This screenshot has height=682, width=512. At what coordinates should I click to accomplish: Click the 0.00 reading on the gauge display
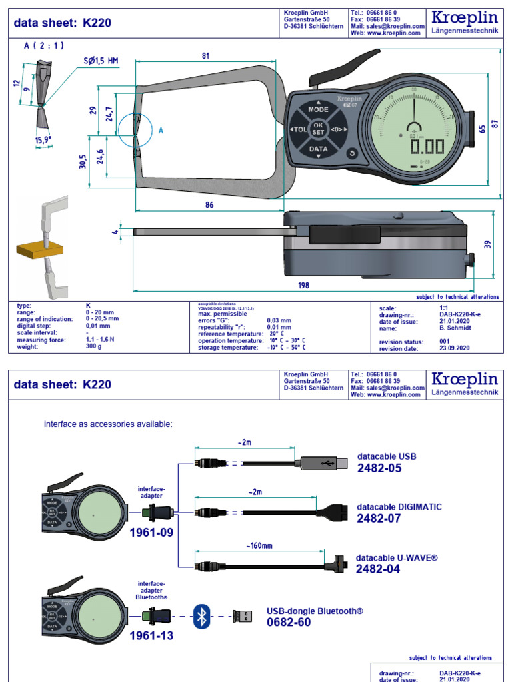coord(427,147)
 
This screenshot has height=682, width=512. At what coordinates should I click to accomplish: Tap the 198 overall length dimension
coord(303,285)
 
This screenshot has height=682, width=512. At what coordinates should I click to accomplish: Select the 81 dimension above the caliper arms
coord(205,57)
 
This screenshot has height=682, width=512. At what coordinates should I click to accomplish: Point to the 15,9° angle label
coord(44,139)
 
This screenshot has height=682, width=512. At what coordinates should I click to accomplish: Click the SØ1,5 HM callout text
coord(100,61)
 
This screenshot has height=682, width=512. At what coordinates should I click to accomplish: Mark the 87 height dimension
coord(494,123)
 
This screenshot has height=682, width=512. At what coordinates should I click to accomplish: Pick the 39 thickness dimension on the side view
coord(487,244)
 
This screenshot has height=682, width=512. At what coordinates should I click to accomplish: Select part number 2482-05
coord(379,468)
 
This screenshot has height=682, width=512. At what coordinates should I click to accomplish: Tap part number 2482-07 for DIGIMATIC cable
coord(379,518)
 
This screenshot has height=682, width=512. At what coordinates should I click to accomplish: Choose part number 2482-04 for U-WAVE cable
coord(378,569)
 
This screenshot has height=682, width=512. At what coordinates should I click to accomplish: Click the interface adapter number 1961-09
coord(151,532)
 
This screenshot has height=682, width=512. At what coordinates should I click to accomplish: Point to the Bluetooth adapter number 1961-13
coord(151,635)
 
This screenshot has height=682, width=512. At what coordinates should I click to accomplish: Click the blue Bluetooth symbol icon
coord(201,616)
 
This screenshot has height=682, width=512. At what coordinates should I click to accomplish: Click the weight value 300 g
coord(94,347)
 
